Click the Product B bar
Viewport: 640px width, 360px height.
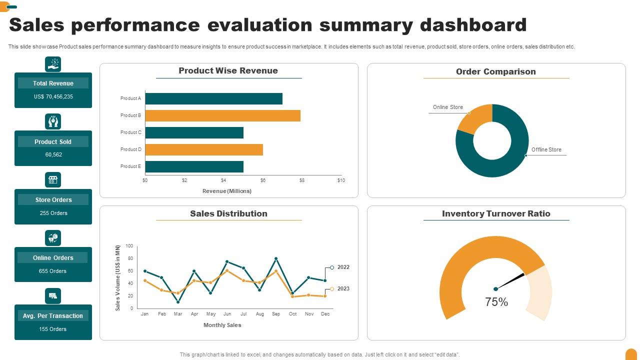click(222, 115)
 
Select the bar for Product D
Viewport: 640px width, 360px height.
click(204, 149)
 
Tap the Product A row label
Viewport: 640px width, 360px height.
click(131, 98)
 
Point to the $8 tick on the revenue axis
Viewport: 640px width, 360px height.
click(302, 180)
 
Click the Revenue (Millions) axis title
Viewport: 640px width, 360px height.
click(227, 191)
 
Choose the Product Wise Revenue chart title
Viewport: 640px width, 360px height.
click(228, 71)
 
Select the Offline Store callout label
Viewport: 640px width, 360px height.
click(546, 149)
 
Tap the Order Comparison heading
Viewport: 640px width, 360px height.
click(496, 72)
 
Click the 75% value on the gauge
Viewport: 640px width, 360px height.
click(496, 302)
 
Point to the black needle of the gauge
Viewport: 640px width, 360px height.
click(511, 281)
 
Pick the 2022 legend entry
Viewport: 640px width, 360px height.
click(343, 267)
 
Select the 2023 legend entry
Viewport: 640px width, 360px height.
click(343, 289)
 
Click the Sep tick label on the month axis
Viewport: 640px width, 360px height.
click(276, 314)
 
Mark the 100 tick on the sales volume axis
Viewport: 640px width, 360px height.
click(129, 246)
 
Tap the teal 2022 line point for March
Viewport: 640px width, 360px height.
click(178, 302)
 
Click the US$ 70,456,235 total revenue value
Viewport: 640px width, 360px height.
click(53, 97)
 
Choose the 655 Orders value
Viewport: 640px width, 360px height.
click(53, 271)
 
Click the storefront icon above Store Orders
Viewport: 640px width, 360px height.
click(53, 180)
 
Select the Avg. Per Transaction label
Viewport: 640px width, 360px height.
click(53, 316)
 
